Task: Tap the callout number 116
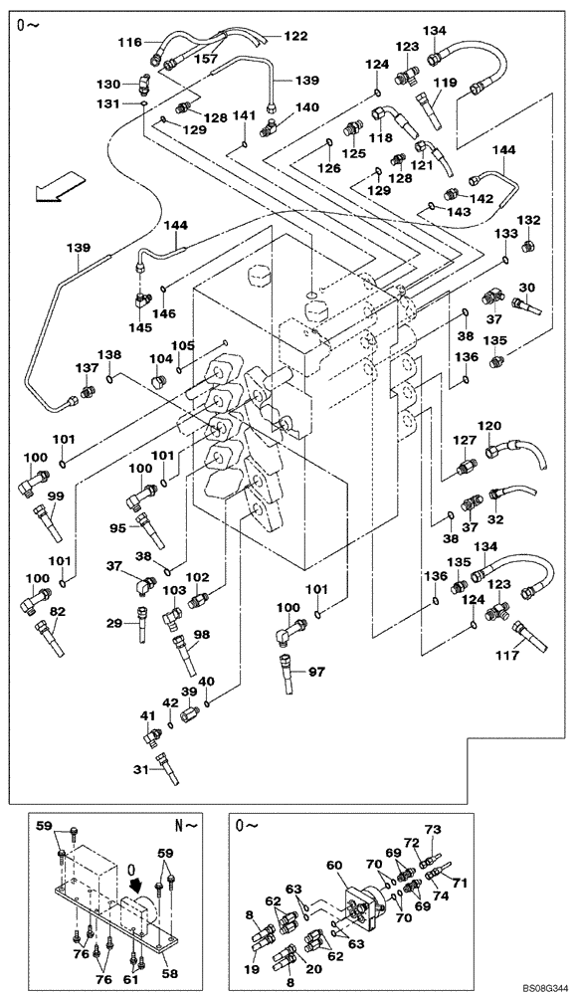[129, 44]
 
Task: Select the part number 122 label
[296, 36]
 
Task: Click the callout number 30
[527, 288]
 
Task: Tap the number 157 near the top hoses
[204, 59]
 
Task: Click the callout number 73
[432, 829]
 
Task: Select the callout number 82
[59, 611]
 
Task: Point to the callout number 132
[528, 220]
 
